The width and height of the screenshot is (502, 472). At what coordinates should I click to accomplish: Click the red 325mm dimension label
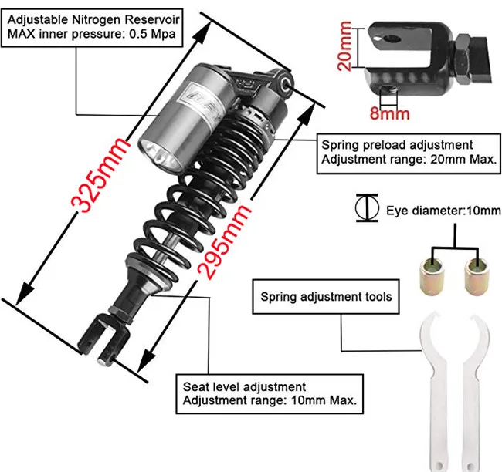click(x=100, y=175)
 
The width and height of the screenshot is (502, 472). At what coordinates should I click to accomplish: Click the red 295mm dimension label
click(x=223, y=242)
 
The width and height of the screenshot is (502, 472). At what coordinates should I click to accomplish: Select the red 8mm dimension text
click(x=389, y=113)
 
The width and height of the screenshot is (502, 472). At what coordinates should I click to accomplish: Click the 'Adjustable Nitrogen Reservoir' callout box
click(x=92, y=28)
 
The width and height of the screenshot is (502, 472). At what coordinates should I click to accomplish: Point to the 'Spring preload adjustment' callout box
click(x=409, y=153)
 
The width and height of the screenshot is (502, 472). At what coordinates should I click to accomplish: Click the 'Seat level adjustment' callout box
click(x=270, y=394)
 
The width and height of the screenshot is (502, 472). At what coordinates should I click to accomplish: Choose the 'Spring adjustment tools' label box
click(x=326, y=297)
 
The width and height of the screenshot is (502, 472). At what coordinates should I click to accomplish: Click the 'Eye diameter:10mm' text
click(x=443, y=211)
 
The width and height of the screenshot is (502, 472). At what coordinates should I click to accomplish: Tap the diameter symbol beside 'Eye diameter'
click(x=367, y=208)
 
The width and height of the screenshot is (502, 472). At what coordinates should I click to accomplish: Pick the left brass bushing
click(x=431, y=277)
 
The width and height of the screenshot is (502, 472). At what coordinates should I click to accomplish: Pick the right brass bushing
click(x=477, y=277)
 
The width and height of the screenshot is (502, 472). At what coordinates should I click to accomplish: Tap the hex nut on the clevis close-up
click(x=462, y=59)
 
